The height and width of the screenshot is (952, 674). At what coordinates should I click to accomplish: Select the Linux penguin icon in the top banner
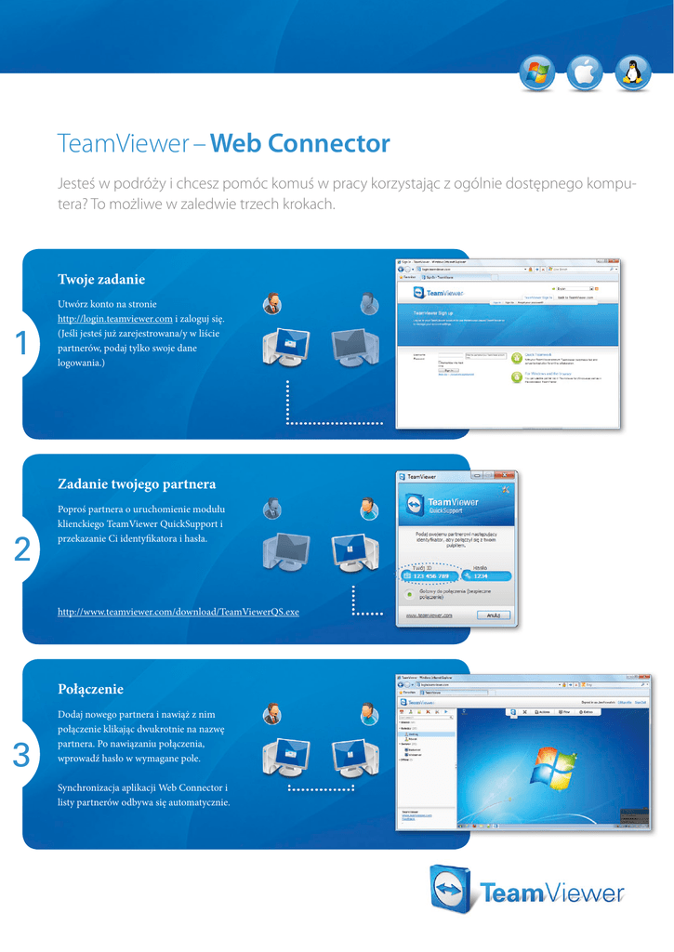coord(634,72)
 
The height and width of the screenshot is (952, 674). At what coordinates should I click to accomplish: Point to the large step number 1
coord(21,344)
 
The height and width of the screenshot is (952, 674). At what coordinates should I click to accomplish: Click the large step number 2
coord(21,550)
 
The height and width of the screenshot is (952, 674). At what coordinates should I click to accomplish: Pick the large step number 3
coord(21,757)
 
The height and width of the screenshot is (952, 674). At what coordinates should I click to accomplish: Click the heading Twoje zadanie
coord(101,279)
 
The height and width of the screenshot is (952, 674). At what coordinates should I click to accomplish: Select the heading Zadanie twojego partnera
coord(137,484)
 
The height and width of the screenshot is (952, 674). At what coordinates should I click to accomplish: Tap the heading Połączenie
coord(90,690)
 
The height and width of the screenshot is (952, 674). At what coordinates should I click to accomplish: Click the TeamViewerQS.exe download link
coord(178,612)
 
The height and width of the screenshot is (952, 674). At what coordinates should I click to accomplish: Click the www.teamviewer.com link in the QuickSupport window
coord(429,615)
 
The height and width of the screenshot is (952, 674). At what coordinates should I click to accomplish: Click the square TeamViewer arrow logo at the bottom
coord(453,888)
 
